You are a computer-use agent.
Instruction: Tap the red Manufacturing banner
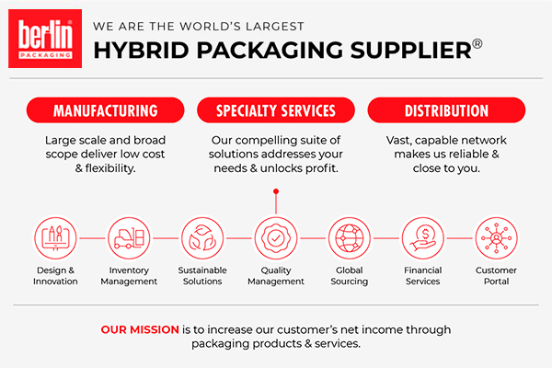[x=105, y=111]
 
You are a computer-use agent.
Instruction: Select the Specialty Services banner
[x=275, y=111]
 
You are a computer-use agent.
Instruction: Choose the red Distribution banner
[x=446, y=111]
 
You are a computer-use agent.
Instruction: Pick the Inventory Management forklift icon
[x=130, y=238]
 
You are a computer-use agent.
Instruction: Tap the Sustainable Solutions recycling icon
[x=202, y=238]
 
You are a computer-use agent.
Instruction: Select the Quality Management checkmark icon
[x=275, y=238]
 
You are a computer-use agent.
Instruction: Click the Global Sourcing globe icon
[x=349, y=238]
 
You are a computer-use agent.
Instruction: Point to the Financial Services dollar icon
[x=422, y=238]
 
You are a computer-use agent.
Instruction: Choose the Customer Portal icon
[x=496, y=238]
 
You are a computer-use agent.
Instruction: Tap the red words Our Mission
[x=140, y=328]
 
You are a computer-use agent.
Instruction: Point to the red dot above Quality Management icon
[x=275, y=191]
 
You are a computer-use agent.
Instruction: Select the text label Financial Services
[x=422, y=275]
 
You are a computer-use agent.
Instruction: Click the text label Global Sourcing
[x=349, y=275]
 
